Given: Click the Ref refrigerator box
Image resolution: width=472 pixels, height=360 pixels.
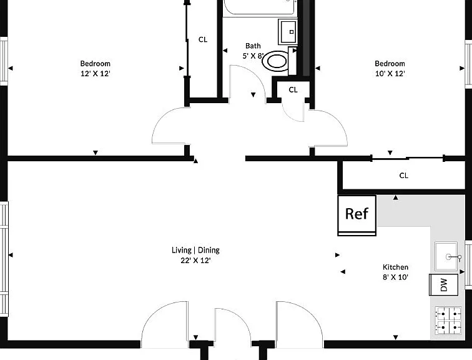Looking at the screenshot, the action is (356, 215).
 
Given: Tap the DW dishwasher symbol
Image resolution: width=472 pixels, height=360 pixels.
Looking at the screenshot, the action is (444, 284).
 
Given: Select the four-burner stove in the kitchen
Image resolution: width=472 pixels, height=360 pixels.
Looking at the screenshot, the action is (448, 320).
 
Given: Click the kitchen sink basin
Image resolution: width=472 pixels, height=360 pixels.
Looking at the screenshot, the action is (446, 256).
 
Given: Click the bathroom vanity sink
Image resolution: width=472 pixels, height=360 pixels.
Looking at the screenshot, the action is (288, 32).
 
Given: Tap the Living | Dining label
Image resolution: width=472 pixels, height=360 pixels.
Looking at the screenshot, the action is (195, 250).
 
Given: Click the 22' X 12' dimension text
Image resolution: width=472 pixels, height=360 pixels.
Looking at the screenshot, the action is (195, 260).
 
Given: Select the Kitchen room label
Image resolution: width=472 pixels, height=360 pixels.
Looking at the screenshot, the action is (396, 267).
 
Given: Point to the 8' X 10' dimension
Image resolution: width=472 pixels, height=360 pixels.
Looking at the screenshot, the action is (396, 277).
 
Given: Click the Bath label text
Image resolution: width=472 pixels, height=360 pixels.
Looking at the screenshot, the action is (253, 46).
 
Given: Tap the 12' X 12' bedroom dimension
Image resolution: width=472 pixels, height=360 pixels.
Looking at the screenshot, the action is (95, 74).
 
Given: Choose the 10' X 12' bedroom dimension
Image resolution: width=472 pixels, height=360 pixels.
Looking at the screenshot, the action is (390, 74).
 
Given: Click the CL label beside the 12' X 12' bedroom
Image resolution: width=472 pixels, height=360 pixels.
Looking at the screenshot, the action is (203, 39).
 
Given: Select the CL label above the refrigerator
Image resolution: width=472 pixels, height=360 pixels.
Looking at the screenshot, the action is (404, 176).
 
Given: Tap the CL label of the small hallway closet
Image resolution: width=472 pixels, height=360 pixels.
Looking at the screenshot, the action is (293, 90).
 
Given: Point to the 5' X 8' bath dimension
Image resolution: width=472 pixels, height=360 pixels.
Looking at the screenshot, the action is (253, 56).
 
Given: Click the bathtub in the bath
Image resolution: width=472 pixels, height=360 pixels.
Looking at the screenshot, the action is (260, 7).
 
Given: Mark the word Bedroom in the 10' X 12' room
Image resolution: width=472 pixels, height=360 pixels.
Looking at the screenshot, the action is (390, 64).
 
